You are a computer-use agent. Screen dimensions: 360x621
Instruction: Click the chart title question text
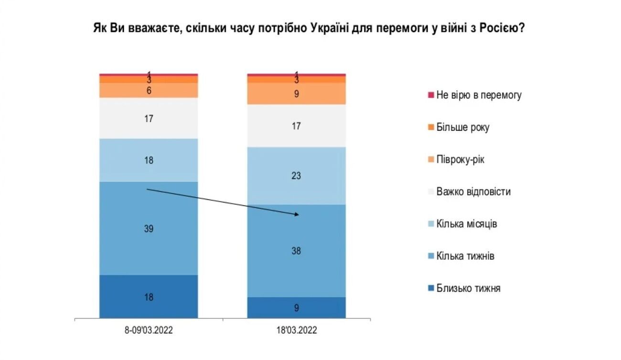coord(310,28)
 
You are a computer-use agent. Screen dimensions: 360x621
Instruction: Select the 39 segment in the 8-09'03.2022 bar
coord(149,228)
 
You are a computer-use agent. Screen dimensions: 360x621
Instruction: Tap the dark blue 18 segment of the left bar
coord(149,296)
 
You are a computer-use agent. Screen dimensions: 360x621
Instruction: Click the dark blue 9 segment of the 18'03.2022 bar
coord(296,307)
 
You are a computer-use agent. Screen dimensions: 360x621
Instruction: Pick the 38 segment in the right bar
coord(296,251)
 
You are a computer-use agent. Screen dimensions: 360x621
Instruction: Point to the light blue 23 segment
coord(296,176)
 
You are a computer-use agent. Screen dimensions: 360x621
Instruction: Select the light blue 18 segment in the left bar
coord(149,160)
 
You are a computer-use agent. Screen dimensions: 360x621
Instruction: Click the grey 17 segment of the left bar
coord(149,118)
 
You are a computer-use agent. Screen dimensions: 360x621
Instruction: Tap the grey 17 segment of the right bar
coord(296,126)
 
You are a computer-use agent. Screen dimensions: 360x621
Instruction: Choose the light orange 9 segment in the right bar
coord(296,94)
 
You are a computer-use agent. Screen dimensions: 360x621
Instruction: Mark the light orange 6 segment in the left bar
coord(149,90)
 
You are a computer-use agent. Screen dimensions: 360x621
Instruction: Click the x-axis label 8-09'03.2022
coord(149,330)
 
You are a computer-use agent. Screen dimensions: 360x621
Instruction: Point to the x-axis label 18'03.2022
coord(296,330)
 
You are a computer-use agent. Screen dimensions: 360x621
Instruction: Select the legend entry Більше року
coord(462,127)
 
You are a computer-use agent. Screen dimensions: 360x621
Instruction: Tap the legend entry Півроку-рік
coord(460,159)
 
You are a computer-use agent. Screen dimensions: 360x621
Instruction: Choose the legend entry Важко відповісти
coord(473,191)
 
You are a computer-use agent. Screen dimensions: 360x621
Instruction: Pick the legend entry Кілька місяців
coord(466,223)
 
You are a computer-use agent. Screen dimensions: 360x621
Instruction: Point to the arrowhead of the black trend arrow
coord(297,215)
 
